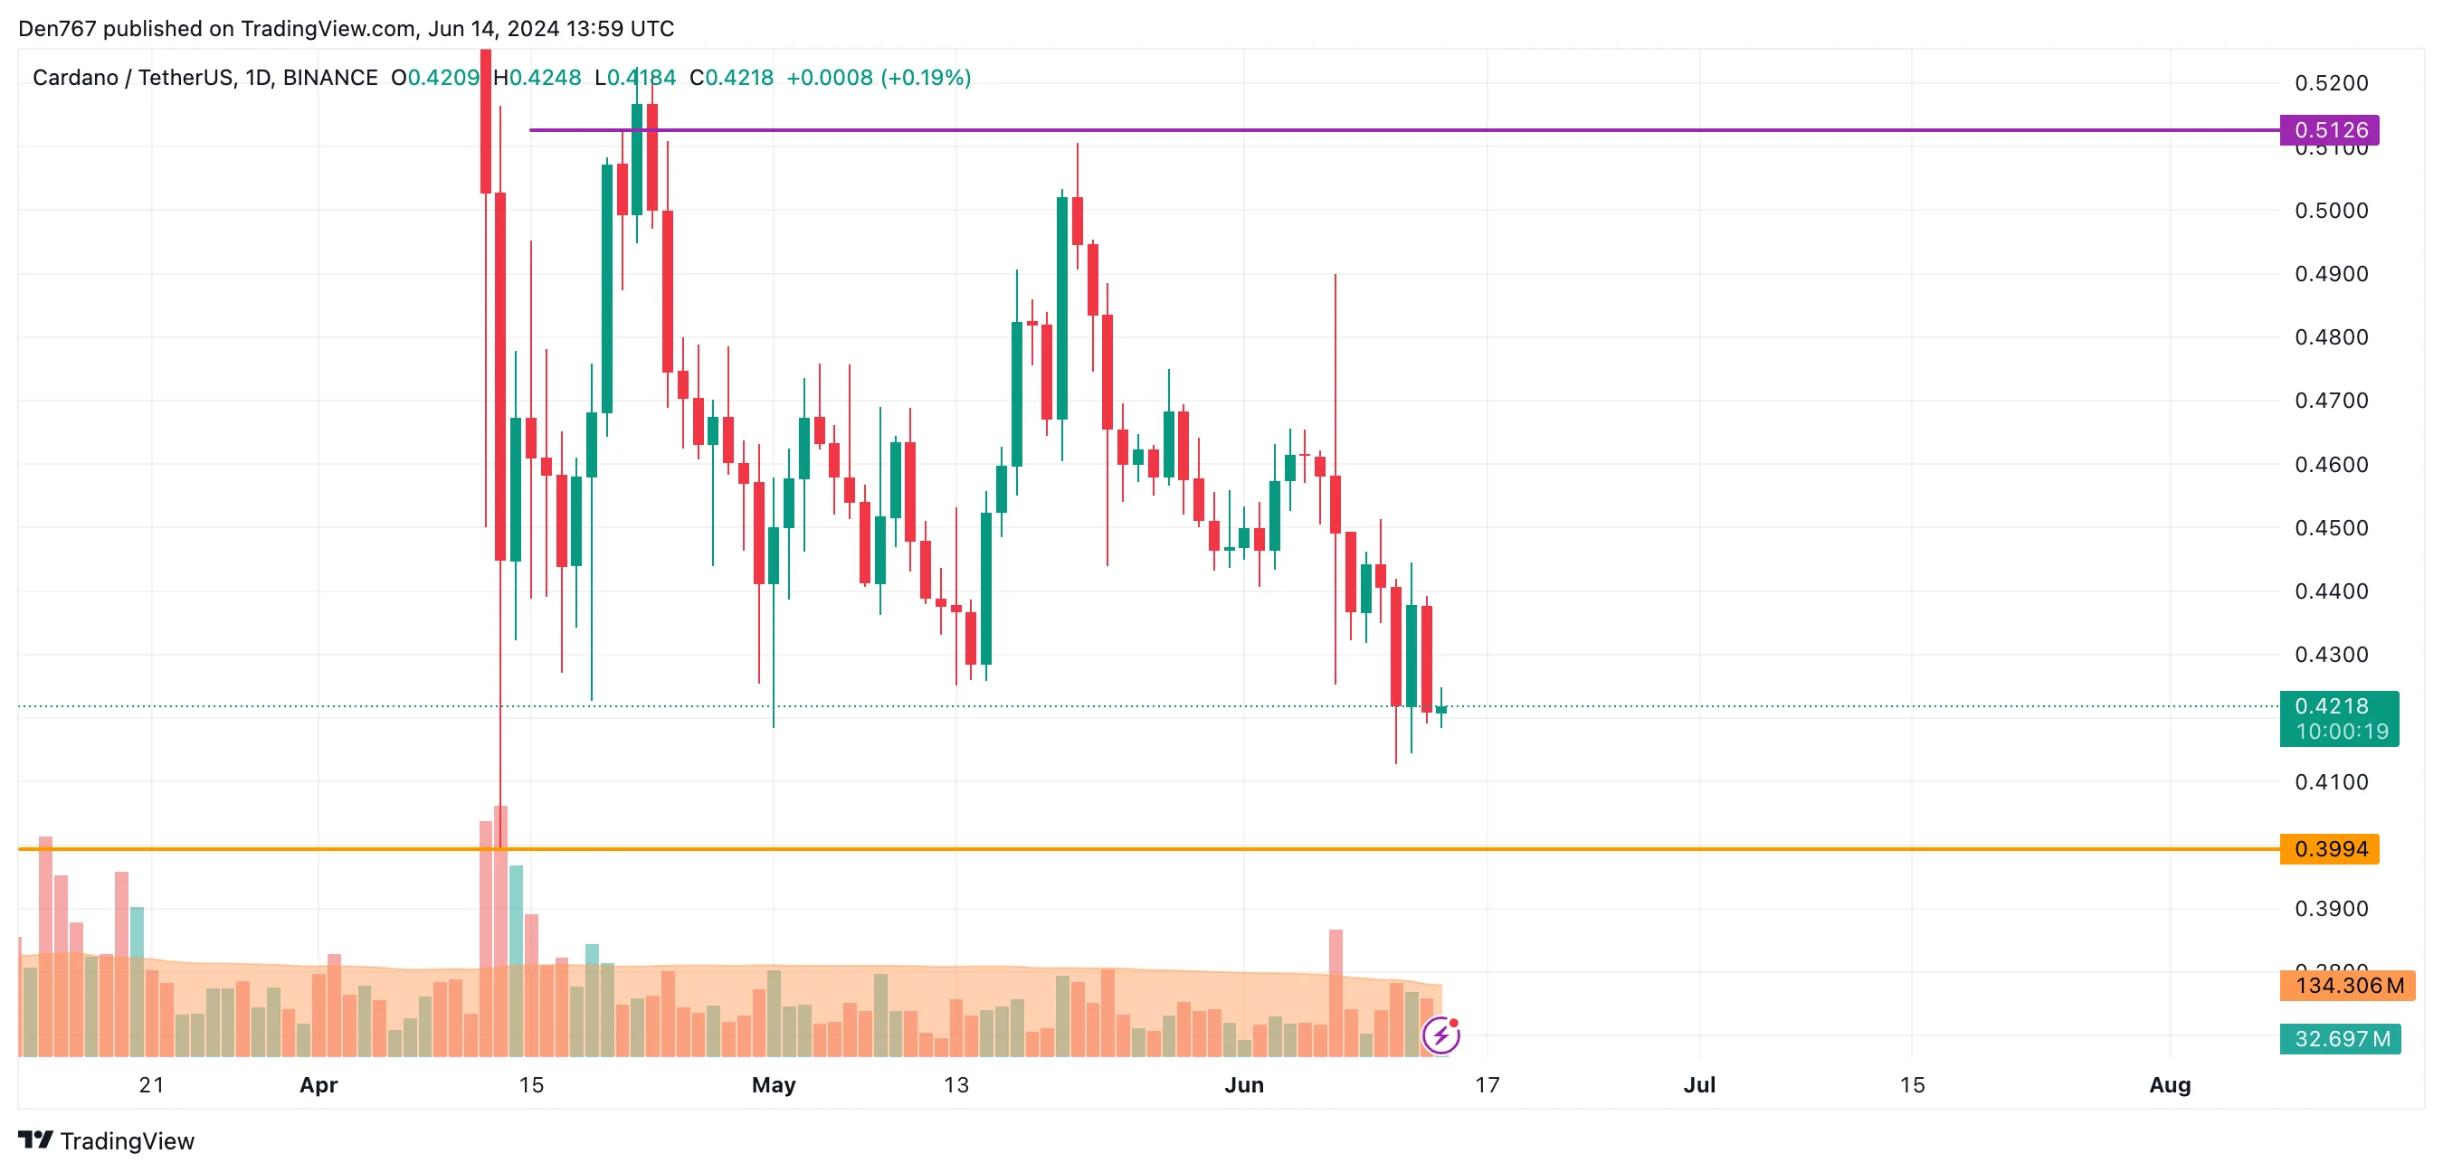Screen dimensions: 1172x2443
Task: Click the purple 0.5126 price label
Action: [2329, 130]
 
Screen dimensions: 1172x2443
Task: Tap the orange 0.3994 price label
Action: [2329, 848]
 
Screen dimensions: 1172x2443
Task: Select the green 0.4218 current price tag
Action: [2338, 718]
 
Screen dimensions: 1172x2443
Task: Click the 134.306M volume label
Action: [2348, 985]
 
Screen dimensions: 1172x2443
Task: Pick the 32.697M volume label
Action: [2341, 1038]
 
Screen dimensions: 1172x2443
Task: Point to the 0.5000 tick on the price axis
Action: [2331, 211]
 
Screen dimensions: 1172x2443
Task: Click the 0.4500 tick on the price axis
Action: [2331, 528]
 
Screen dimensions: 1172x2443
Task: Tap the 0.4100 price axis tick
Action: [2331, 782]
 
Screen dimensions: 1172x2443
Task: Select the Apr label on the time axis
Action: [318, 1085]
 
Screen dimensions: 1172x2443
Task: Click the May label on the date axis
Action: [773, 1085]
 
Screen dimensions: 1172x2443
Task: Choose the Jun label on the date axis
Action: [1243, 1085]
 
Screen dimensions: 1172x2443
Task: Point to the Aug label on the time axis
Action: [2169, 1085]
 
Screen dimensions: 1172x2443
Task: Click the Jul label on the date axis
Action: [1698, 1085]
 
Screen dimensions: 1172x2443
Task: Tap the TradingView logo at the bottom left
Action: [106, 1140]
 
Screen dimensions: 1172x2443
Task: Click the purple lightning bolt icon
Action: [1440, 1035]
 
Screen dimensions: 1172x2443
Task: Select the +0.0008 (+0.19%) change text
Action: [879, 78]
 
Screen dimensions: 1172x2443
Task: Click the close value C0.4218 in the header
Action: [731, 78]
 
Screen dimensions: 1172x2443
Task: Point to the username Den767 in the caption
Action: [57, 28]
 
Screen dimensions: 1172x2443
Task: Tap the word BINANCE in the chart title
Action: [330, 78]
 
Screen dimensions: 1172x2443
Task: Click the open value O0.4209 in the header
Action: [435, 78]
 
